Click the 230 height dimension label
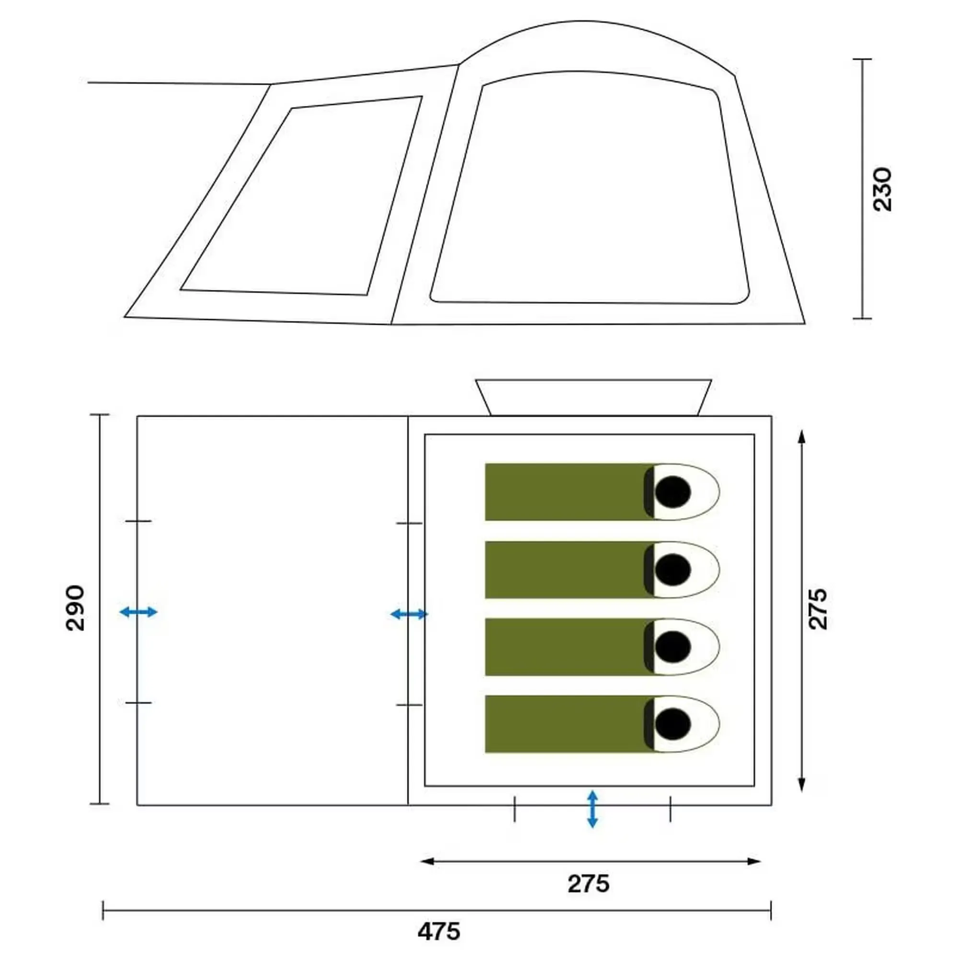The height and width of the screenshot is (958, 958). tap(883, 189)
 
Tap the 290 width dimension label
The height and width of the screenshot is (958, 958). tap(75, 608)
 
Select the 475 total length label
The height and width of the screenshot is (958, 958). tap(439, 932)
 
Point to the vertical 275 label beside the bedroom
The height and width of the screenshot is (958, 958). tap(818, 608)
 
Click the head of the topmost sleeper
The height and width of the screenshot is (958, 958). tap(673, 492)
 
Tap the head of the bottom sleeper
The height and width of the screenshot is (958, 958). tap(673, 723)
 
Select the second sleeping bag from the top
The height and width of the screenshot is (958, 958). tap(602, 570)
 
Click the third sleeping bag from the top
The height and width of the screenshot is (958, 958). tap(602, 647)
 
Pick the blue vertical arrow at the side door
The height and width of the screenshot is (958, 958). tap(592, 809)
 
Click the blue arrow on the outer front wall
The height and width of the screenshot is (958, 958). tap(138, 612)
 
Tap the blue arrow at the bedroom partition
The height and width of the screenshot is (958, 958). tap(409, 615)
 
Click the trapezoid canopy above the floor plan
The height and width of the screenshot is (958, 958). tap(593, 380)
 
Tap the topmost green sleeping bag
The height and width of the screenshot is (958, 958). tap(602, 492)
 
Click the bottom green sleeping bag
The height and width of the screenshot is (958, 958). tap(602, 724)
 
